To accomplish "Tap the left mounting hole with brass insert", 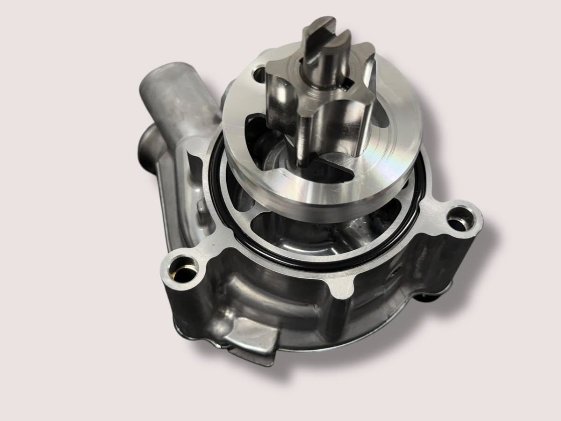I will tap(184, 270).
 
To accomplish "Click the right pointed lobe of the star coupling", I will tap(369, 70).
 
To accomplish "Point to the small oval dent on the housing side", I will tap(397, 271).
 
